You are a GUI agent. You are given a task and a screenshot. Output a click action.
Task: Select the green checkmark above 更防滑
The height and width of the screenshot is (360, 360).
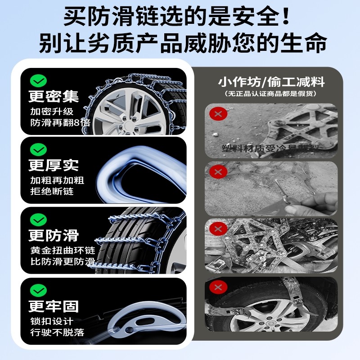(x=38, y=219)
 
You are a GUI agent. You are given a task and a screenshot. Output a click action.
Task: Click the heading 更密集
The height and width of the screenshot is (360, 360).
(x=54, y=96)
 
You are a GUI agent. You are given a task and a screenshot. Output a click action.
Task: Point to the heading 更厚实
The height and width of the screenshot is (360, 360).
(x=54, y=165)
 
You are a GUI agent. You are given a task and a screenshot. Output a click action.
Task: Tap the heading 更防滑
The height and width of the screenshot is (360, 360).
(x=54, y=235)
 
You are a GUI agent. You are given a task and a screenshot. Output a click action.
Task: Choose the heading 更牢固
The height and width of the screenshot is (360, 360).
(x=54, y=306)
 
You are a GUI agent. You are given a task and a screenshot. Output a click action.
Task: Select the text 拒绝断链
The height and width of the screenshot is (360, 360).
(x=52, y=192)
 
